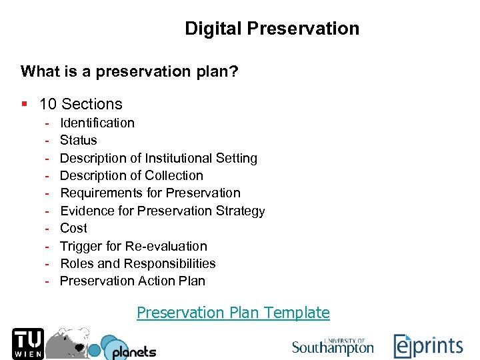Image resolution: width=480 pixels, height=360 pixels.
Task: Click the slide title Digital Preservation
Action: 272,29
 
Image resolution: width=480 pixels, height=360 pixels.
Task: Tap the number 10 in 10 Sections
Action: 47,104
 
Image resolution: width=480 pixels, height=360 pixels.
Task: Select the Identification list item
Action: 97,123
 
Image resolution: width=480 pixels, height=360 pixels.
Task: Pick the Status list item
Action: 79,140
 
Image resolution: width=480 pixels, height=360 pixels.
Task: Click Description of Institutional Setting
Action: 159,158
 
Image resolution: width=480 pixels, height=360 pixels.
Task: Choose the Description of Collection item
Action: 131,175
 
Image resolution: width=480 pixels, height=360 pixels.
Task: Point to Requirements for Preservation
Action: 150,193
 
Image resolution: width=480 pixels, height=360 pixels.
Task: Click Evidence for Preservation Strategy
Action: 163,211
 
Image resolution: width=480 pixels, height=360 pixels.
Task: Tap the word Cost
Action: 73,228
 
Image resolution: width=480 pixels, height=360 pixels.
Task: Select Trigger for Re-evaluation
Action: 133,246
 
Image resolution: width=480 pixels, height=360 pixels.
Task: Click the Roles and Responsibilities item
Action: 138,263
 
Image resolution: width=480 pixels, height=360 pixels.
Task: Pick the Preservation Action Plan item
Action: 133,281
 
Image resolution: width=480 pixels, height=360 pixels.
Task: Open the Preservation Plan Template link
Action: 233,312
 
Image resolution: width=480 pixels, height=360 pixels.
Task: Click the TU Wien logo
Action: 28,344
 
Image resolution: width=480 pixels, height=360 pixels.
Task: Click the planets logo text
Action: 134,351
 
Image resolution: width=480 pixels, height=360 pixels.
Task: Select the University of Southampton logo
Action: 333,345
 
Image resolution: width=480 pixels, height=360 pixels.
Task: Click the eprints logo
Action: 427,346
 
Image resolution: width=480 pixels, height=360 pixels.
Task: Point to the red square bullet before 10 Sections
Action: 24,104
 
